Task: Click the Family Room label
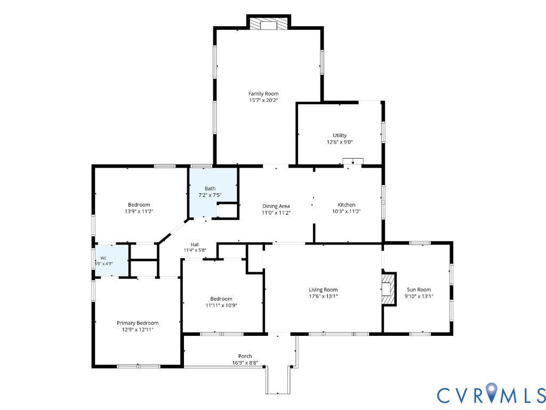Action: pos(263,93)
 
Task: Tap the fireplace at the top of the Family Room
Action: pos(268,23)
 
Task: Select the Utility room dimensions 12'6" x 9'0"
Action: pos(340,142)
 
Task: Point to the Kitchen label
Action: pos(346,204)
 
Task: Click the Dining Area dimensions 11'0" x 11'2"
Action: pos(276,212)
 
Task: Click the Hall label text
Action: pos(195,245)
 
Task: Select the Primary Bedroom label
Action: pos(138,323)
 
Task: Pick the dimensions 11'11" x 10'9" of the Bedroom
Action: pos(221,305)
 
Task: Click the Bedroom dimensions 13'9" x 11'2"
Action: pos(139,211)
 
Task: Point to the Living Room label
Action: pos(323,289)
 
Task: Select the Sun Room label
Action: pos(419,289)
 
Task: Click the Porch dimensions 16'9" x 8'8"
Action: pos(245,362)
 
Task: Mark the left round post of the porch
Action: pos(264,367)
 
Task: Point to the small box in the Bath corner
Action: pos(227,210)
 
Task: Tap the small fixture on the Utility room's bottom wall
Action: pos(353,161)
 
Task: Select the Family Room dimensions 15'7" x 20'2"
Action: pos(263,100)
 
